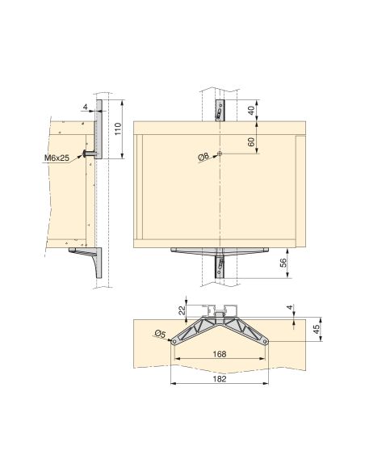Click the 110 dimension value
[117, 130]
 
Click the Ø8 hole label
[203, 157]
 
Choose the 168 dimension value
[219, 354]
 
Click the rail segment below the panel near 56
[220, 268]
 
